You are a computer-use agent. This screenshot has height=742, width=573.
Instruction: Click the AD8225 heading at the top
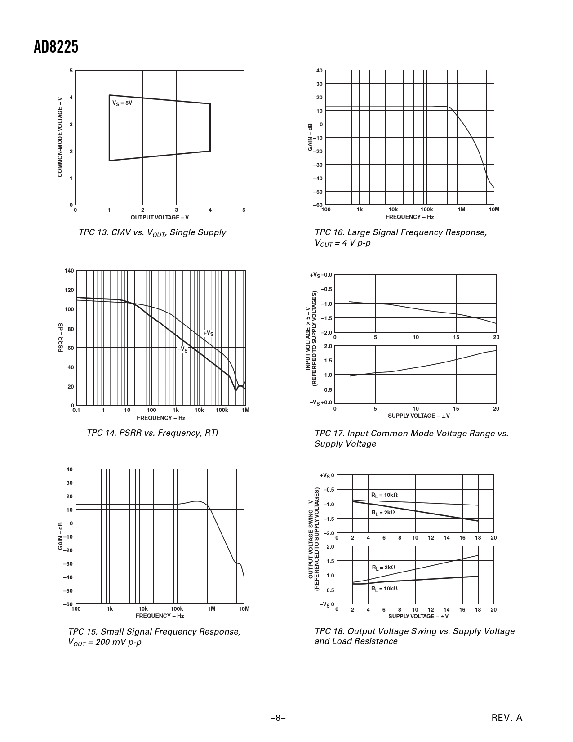click(x=56, y=47)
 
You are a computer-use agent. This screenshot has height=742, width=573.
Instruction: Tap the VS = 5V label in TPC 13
click(x=122, y=103)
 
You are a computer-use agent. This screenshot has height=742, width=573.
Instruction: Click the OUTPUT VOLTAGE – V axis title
click(x=160, y=218)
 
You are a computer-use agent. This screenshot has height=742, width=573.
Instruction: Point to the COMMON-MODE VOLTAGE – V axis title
click(x=60, y=137)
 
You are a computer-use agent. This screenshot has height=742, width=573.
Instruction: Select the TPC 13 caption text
click(x=152, y=232)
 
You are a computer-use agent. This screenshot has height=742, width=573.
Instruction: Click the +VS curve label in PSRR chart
click(x=208, y=333)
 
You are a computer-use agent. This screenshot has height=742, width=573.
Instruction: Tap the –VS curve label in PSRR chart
click(x=182, y=349)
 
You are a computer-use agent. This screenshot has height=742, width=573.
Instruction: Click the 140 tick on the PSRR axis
click(x=69, y=271)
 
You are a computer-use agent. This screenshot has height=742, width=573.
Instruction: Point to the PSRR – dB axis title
click(x=61, y=338)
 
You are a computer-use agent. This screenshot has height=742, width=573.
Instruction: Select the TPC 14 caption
click(x=152, y=433)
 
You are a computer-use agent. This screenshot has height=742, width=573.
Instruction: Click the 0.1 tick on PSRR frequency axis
click(x=76, y=410)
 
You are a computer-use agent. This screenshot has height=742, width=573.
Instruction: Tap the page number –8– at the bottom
click(x=278, y=718)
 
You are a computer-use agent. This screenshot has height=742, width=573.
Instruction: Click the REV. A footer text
click(x=507, y=718)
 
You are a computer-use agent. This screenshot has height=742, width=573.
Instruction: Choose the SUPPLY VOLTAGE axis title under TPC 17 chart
click(x=419, y=416)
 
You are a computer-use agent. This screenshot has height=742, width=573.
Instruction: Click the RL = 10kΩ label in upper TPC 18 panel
click(x=384, y=495)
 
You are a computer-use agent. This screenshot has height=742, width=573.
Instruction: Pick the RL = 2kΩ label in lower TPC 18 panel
click(x=383, y=568)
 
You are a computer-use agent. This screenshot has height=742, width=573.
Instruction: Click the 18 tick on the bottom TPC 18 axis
click(x=478, y=610)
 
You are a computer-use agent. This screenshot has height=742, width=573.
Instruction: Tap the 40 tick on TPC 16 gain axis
click(x=319, y=71)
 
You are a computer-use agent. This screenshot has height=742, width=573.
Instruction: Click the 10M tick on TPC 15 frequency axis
click(x=244, y=609)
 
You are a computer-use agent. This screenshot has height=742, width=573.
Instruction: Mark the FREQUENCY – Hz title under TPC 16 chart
click(x=409, y=217)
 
